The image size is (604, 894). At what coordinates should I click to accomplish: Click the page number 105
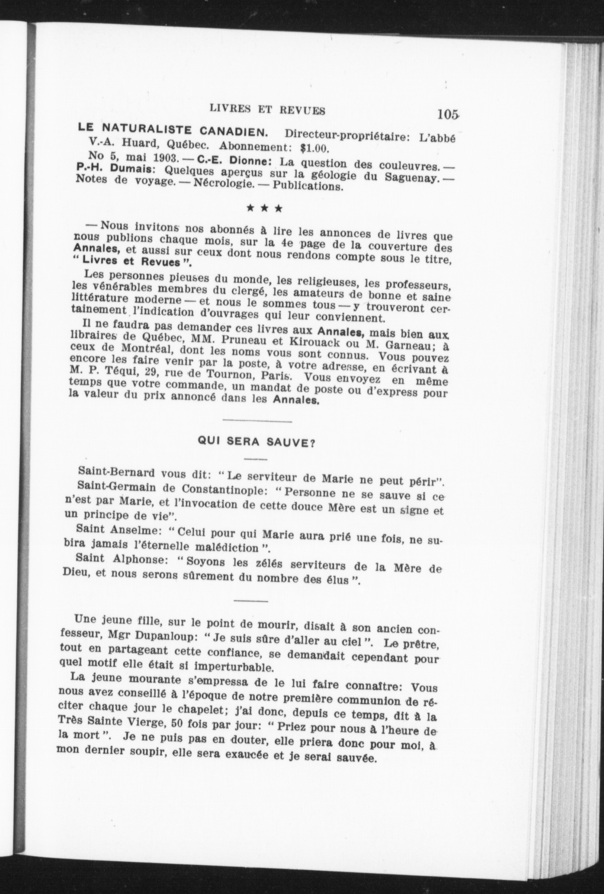click(x=448, y=114)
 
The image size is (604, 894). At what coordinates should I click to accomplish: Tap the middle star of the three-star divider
click(x=265, y=209)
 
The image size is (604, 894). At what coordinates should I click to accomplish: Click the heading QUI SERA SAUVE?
click(x=256, y=441)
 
